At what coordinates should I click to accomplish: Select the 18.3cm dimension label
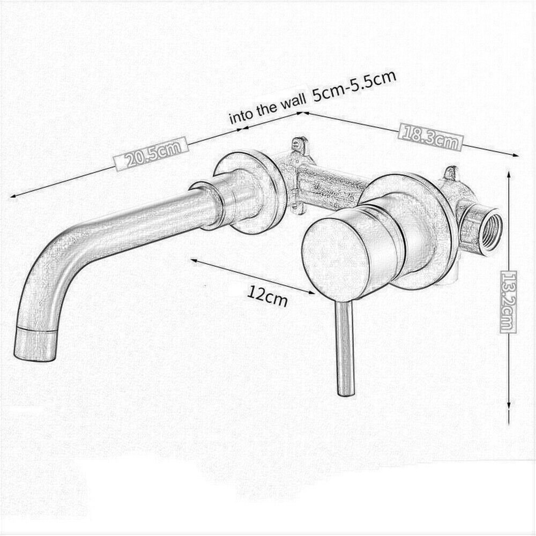(431, 138)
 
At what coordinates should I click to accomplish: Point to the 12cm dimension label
(267, 296)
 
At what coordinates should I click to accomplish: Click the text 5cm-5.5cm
(354, 86)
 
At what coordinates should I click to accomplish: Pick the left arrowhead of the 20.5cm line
(14, 195)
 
